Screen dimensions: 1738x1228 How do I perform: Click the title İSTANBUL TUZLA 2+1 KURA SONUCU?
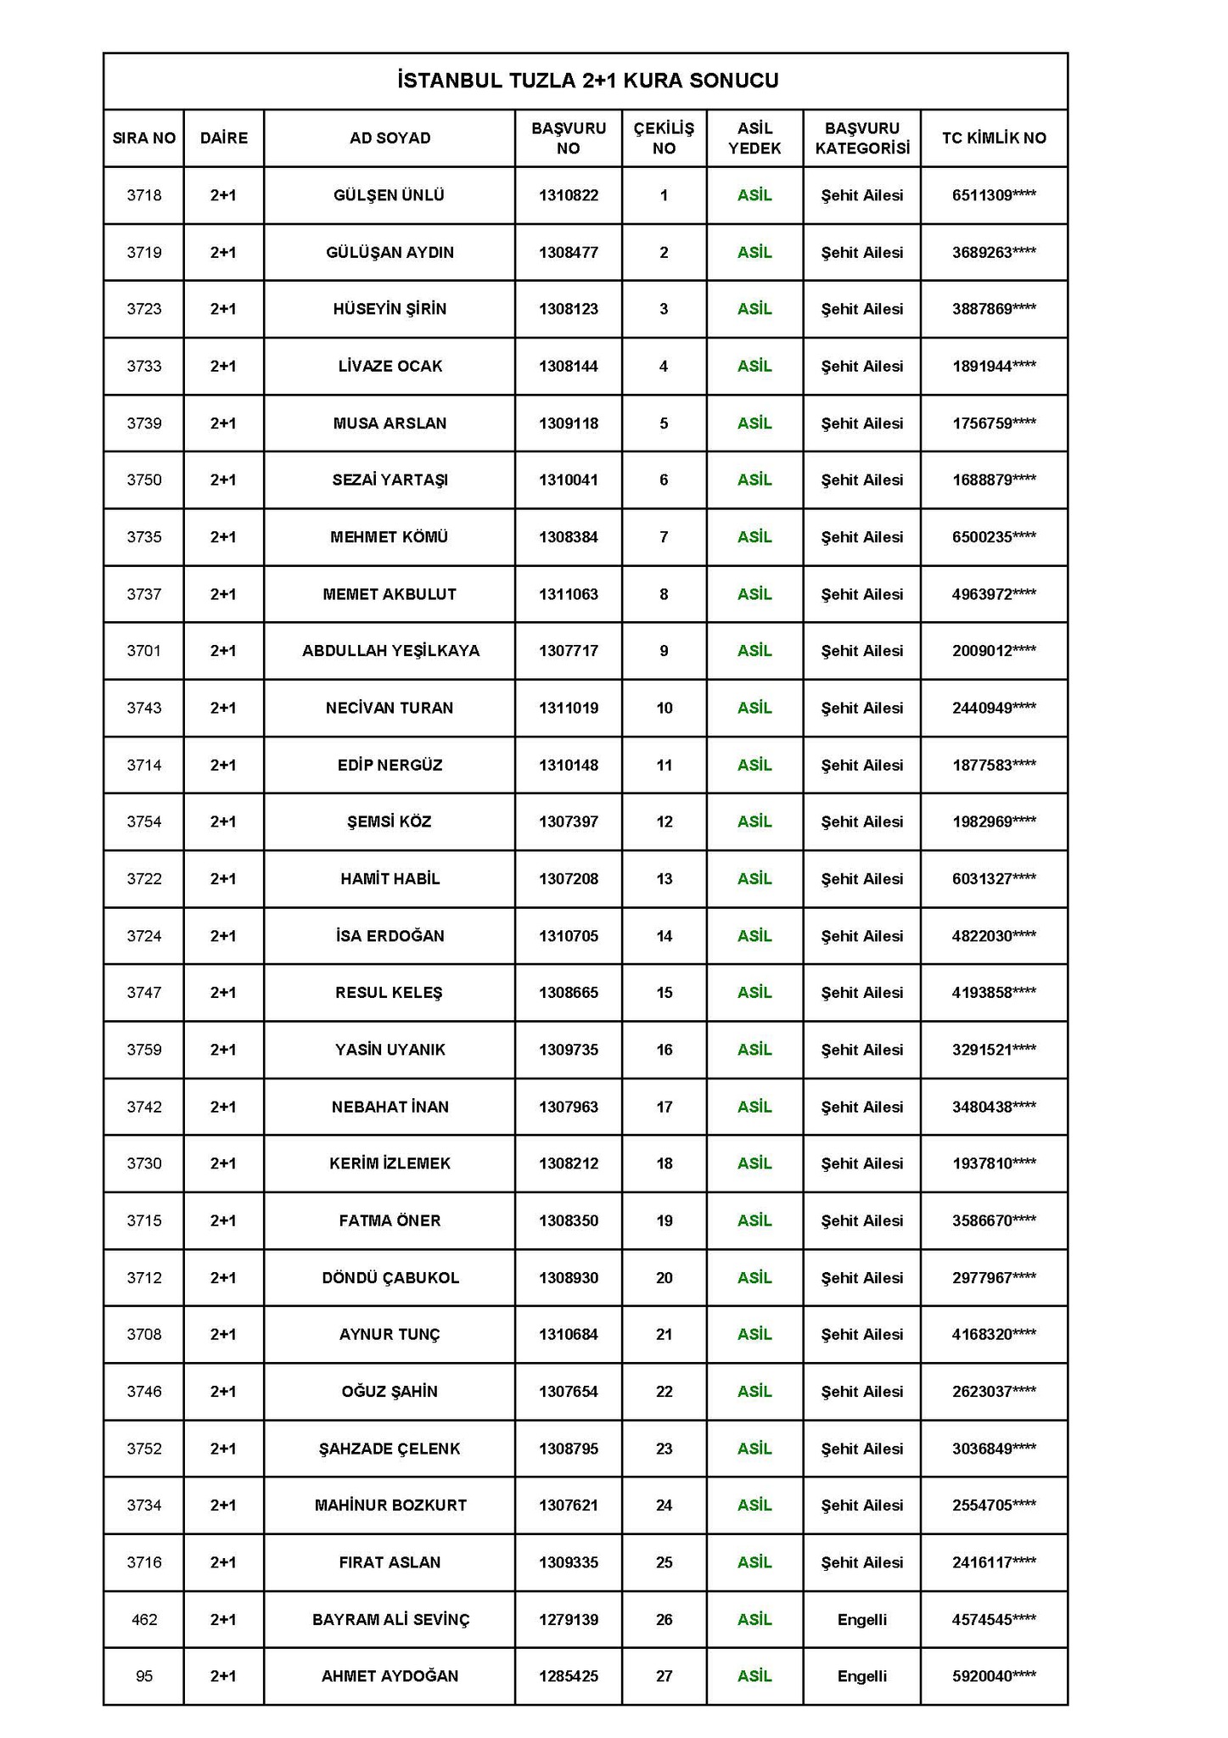coord(586,81)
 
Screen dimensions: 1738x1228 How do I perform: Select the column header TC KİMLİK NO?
coord(994,137)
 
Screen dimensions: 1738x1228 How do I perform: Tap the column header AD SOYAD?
coord(390,137)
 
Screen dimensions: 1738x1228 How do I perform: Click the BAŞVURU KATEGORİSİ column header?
coord(861,137)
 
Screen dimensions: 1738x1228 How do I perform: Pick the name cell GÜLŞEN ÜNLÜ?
coord(389,195)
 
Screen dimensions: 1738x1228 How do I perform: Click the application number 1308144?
coord(568,366)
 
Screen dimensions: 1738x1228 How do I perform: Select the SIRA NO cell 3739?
coord(143,423)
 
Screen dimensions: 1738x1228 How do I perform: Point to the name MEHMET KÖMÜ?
coord(389,536)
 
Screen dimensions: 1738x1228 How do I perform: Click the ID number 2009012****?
coord(994,650)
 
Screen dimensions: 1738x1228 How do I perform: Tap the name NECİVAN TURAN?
coord(389,707)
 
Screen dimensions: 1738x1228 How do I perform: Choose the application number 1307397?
coord(568,821)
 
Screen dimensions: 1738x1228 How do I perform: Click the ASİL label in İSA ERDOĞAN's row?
coord(754,935)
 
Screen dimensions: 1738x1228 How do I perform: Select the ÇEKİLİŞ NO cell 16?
coord(664,1049)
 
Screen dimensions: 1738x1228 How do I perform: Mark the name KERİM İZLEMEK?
coord(390,1163)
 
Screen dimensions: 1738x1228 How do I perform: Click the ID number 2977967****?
coord(994,1277)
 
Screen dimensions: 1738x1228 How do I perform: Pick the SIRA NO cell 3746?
coord(143,1391)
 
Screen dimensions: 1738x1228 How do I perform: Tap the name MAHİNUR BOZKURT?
coord(390,1505)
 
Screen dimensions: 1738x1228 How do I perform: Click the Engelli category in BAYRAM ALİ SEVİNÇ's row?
coord(861,1619)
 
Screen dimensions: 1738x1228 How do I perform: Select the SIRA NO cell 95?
coord(143,1676)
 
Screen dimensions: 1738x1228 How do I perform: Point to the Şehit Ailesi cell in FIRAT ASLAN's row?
coord(861,1561)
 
